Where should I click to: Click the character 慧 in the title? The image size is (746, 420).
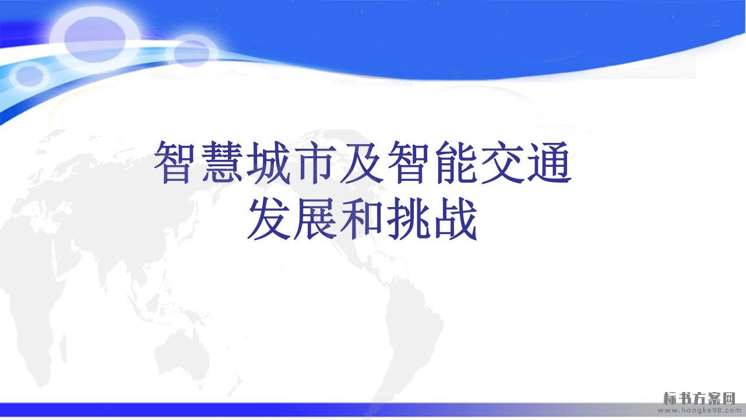coord(222,162)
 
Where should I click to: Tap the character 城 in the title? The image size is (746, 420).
coord(269,162)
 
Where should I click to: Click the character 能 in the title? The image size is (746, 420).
coord(456,162)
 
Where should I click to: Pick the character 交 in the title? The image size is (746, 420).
coord(502,162)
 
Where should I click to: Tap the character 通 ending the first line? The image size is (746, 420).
coord(550,162)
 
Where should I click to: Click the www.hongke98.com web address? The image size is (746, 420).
coord(699,410)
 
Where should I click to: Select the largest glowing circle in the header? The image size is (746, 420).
coord(95,39)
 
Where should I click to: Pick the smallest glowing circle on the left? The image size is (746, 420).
coord(29,76)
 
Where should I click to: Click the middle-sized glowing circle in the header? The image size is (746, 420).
coord(192,52)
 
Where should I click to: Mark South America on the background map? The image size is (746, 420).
coord(413,330)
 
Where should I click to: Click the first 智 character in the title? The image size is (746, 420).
coord(175,162)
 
